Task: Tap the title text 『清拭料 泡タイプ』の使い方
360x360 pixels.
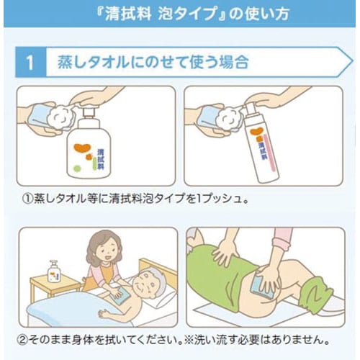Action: (180, 13)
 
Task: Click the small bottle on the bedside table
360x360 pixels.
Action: (53, 271)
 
